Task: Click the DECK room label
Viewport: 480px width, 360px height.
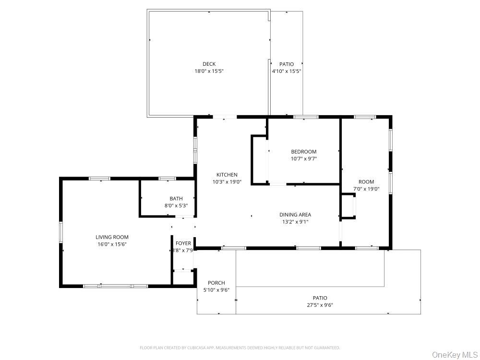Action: click(209, 64)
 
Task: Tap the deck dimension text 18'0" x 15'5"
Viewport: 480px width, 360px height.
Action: click(209, 71)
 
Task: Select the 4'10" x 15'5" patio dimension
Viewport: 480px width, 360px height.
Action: click(287, 71)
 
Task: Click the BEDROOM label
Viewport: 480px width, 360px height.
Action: click(304, 152)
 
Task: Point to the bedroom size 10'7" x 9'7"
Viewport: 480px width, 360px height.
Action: click(304, 159)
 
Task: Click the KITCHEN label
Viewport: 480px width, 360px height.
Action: click(227, 175)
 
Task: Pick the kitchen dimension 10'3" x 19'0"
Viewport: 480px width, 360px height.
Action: click(227, 182)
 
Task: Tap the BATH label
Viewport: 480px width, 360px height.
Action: click(176, 199)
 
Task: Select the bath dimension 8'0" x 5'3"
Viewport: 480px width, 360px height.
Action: click(176, 206)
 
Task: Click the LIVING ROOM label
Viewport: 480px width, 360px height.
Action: click(112, 237)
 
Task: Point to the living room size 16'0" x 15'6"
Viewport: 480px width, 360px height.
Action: click(112, 244)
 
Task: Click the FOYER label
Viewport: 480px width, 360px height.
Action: click(183, 243)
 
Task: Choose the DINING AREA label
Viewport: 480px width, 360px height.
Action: click(295, 215)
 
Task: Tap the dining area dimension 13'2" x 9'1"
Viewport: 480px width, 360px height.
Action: click(295, 222)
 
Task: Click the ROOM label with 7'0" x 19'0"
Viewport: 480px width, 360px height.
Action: click(366, 182)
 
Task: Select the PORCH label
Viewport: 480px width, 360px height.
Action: click(216, 283)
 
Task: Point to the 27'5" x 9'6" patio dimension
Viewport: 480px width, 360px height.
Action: click(320, 305)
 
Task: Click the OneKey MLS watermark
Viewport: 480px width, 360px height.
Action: click(452, 355)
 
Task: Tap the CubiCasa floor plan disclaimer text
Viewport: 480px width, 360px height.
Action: click(240, 348)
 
